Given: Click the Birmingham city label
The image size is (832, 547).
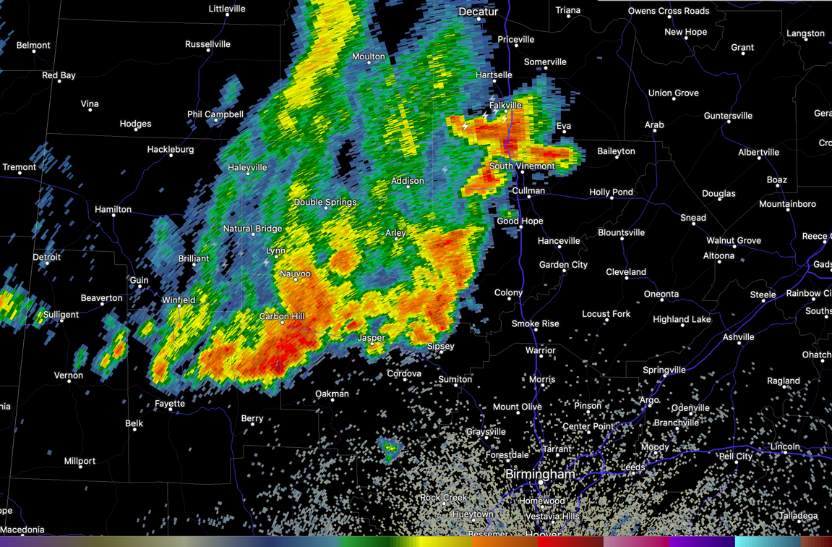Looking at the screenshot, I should pyautogui.click(x=540, y=474).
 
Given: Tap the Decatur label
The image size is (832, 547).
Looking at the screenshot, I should pyautogui.click(x=478, y=12).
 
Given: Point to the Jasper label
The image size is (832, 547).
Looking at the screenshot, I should pyautogui.click(x=371, y=338).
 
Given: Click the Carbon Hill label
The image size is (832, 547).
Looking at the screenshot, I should pyautogui.click(x=282, y=316).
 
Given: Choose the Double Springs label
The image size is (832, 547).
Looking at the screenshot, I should pyautogui.click(x=325, y=202).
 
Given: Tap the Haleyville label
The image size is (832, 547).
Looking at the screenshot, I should pyautogui.click(x=247, y=167).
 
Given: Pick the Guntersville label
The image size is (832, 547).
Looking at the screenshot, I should pyautogui.click(x=728, y=116).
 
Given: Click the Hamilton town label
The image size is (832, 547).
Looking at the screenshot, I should pyautogui.click(x=113, y=209).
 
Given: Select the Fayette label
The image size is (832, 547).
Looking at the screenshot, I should pyautogui.click(x=169, y=404).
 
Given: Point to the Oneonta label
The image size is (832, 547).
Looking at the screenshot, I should pyautogui.click(x=661, y=294).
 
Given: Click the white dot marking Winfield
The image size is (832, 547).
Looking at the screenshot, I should pyautogui.click(x=179, y=307).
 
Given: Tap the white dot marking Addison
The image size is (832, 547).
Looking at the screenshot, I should pyautogui.click(x=408, y=187).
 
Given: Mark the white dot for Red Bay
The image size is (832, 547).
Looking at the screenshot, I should pyautogui.click(x=59, y=82).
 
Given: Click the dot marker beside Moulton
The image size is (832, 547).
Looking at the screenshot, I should pyautogui.click(x=369, y=64).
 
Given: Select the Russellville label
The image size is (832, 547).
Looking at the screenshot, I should pyautogui.click(x=207, y=44).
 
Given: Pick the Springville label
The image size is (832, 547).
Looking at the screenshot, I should pyautogui.click(x=664, y=370).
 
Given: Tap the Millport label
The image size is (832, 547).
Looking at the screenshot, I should pyautogui.click(x=80, y=461).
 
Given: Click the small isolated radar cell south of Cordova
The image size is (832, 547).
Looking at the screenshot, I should pyautogui.click(x=390, y=450).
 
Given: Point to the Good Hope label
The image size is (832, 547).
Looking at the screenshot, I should pyautogui.click(x=520, y=221).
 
